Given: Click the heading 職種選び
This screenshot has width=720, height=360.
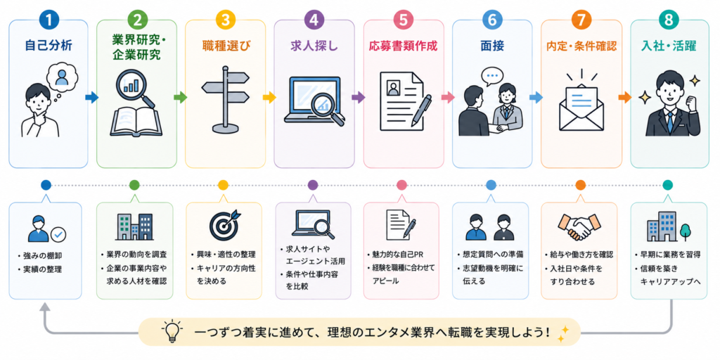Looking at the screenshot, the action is (225, 46).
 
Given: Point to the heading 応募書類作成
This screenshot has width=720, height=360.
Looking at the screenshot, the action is (403, 46).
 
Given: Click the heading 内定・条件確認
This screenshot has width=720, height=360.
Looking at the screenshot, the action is (580, 46).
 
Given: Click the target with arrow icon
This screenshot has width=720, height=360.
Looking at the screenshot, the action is (224, 225).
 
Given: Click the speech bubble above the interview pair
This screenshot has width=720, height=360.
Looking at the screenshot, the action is (493, 76).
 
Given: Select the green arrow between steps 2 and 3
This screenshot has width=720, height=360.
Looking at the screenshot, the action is (181, 97).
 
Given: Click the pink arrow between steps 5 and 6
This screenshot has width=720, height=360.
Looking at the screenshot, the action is (447, 97).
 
